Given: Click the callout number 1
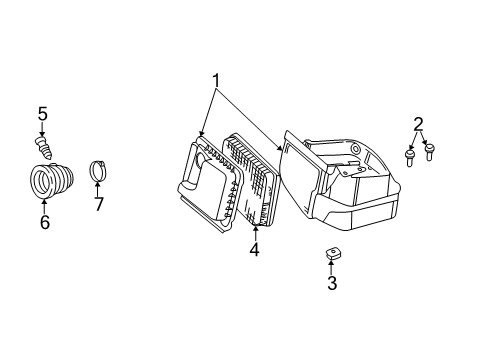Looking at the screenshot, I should (x=213, y=81).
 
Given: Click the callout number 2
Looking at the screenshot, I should (x=418, y=124).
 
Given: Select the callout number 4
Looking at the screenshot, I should (x=255, y=249).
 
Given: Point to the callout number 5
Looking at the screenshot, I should (x=43, y=116).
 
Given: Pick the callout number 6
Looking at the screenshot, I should (x=44, y=222).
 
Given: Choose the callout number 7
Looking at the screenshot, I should (x=97, y=205).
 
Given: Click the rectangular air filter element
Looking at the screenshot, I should (x=252, y=180).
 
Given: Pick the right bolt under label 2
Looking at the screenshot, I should (x=430, y=151).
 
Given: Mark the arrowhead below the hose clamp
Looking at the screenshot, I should (x=97, y=188).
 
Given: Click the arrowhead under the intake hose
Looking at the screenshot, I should (x=44, y=206).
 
